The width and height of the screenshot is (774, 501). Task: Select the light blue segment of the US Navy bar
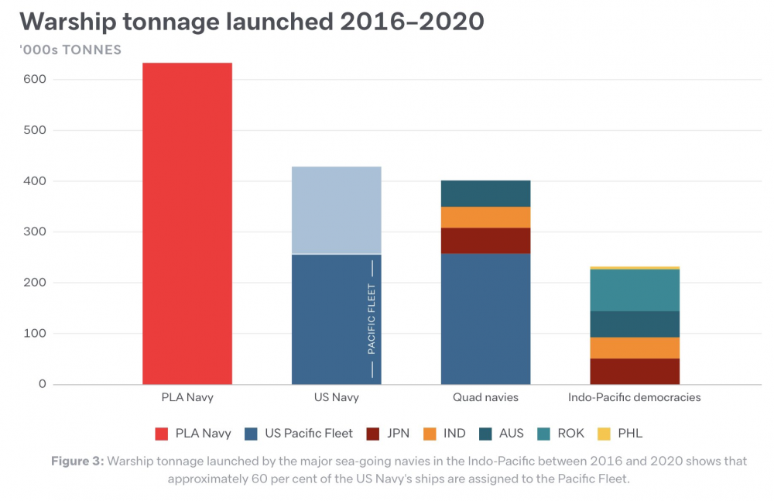pos(336,210)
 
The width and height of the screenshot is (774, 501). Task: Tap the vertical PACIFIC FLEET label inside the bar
pos(372,319)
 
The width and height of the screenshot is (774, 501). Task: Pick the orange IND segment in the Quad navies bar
pos(485,217)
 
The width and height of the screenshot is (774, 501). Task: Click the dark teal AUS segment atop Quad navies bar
pos(485,194)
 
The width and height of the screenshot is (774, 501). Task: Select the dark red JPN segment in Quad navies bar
pos(485,241)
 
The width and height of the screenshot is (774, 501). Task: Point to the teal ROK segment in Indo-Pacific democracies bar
pos(634,290)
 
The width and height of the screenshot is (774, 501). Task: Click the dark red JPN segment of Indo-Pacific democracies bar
pos(634,371)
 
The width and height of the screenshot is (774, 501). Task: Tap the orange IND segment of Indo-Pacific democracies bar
pos(634,348)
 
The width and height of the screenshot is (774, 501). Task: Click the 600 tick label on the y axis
pos(34,79)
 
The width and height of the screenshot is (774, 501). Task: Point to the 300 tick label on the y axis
pos(34,232)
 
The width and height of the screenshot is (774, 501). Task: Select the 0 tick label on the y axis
pos(42,384)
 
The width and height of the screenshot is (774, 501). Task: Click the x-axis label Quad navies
pos(485,397)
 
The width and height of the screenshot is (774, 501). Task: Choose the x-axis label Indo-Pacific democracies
pos(634,397)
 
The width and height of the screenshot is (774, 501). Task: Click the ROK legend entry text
pos(570,434)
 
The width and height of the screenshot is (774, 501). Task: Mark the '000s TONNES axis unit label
pos(70,50)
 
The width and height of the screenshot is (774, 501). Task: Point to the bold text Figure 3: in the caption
pos(77,461)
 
